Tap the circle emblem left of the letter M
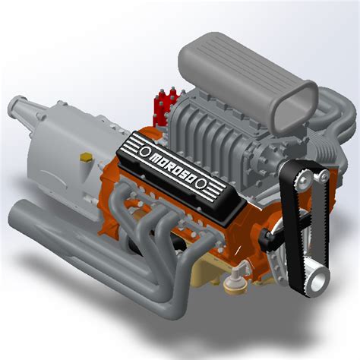145,151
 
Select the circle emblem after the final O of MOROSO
202,184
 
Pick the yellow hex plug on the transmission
86,157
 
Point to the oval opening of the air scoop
295,106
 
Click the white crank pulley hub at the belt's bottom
317,281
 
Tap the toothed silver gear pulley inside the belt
303,179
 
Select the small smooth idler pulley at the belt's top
323,175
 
